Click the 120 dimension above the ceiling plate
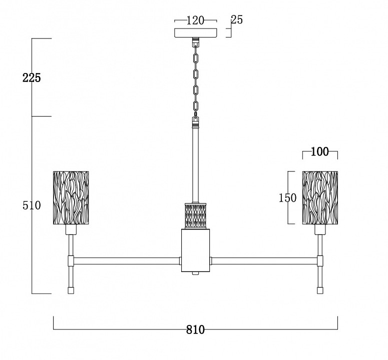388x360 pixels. click(x=195, y=20)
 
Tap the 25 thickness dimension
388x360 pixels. click(x=237, y=20)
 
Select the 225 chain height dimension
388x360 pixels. click(x=32, y=78)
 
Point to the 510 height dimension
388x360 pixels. click(x=32, y=205)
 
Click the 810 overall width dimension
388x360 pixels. click(x=195, y=329)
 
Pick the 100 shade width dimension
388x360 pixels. click(x=319, y=151)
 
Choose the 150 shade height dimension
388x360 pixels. click(x=287, y=197)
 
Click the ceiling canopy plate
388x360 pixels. click(x=196, y=33)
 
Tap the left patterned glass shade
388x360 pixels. click(x=71, y=197)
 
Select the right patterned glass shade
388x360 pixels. click(x=320, y=197)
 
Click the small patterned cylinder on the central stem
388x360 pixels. click(x=195, y=215)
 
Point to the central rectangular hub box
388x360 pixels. click(x=195, y=250)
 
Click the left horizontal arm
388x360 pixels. click(x=127, y=260)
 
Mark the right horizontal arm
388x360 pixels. click(x=264, y=260)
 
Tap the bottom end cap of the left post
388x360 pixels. click(x=71, y=290)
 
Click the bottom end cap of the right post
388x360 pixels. click(x=320, y=290)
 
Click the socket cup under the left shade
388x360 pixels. click(x=71, y=229)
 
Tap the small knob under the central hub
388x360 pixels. click(x=195, y=273)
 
